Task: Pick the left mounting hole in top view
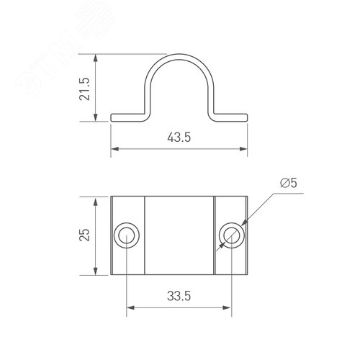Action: click(x=127, y=235)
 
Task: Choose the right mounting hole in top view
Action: click(x=232, y=235)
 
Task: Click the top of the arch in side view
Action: click(x=179, y=55)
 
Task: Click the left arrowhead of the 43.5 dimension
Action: click(x=114, y=150)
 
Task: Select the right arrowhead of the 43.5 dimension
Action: click(x=244, y=150)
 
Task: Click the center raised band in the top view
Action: click(x=179, y=235)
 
